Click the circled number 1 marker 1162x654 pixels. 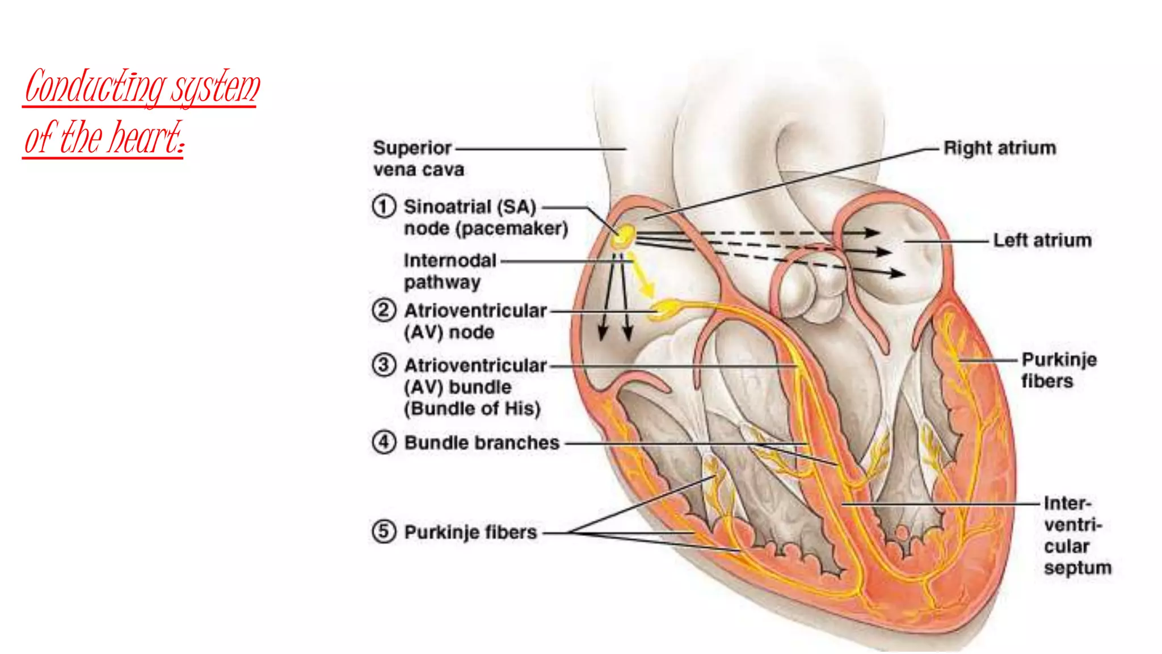(384, 206)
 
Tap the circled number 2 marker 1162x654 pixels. (384, 311)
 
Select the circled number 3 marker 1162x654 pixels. (384, 364)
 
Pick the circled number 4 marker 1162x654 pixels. (384, 442)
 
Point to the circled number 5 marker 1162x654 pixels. (384, 531)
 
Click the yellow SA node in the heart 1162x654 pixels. (624, 237)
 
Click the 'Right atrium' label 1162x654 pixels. (999, 148)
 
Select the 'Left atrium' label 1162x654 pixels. (1042, 240)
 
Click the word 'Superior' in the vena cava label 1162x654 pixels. (412, 148)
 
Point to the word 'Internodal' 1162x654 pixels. (450, 261)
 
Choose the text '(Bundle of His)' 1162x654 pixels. (472, 408)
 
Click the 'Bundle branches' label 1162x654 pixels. (482, 442)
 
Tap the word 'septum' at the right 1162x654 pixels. (1077, 568)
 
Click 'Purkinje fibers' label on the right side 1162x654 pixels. (1058, 370)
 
